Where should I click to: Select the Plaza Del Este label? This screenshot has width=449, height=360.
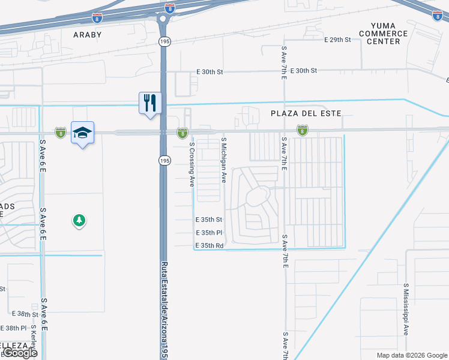pyautogui.click(x=306, y=113)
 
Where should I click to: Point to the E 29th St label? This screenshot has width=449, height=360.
pyautogui.click(x=337, y=40)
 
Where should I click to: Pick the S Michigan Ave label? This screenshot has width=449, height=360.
pyautogui.click(x=223, y=160)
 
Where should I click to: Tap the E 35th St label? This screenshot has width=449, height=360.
pyautogui.click(x=209, y=220)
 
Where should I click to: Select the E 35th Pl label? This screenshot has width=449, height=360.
pyautogui.click(x=209, y=233)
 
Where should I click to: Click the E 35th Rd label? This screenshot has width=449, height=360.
pyautogui.click(x=209, y=246)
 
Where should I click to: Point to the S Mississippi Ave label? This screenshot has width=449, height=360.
pyautogui.click(x=406, y=309)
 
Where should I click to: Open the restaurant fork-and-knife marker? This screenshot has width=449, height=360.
pyautogui.click(x=149, y=102)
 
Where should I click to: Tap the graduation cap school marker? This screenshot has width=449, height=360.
pyautogui.click(x=82, y=132)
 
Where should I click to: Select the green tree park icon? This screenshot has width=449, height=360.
pyautogui.click(x=79, y=221)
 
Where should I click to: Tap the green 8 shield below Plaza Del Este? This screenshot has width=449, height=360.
pyautogui.click(x=303, y=130)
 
